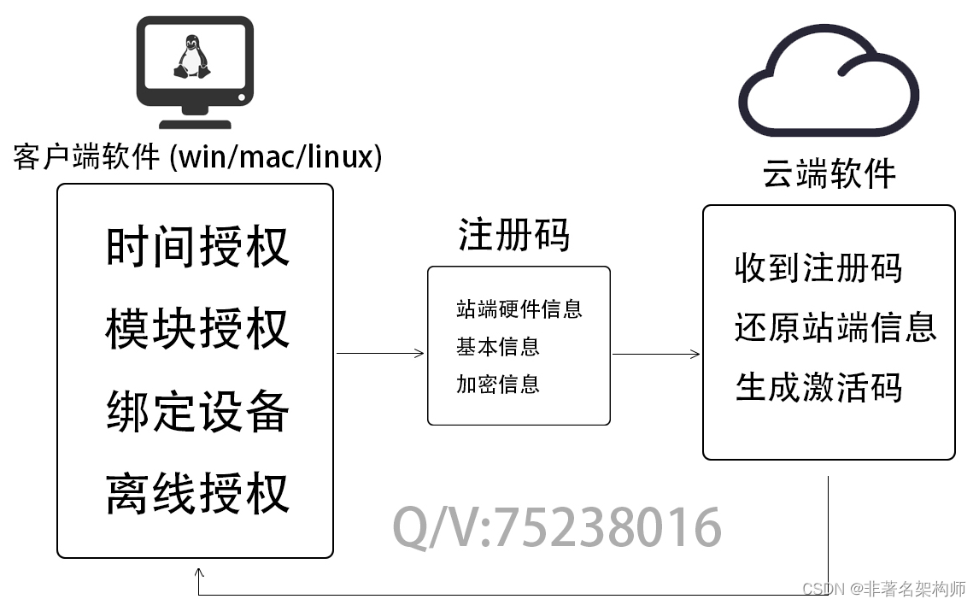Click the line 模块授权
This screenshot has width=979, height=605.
tap(197, 329)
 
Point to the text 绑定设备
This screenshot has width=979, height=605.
tap(197, 411)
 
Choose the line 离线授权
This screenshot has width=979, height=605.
tap(197, 493)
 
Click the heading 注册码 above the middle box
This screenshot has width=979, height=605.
tap(513, 235)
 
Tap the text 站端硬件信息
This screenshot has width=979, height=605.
tap(519, 308)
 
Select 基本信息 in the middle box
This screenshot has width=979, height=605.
tap(498, 346)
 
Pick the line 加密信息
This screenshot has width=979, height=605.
tap(498, 384)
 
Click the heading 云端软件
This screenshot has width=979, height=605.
tap(829, 174)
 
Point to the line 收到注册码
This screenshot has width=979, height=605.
tap(818, 267)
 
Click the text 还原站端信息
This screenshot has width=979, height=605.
tap(835, 326)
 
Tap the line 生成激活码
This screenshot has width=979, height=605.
tap(818, 387)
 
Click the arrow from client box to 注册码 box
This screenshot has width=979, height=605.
tap(380, 353)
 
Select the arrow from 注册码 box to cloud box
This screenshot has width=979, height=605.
tap(656, 354)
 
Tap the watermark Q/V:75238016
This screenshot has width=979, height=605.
tap(557, 527)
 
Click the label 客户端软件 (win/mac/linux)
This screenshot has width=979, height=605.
tap(197, 158)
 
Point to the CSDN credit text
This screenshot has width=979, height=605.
tap(884, 589)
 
